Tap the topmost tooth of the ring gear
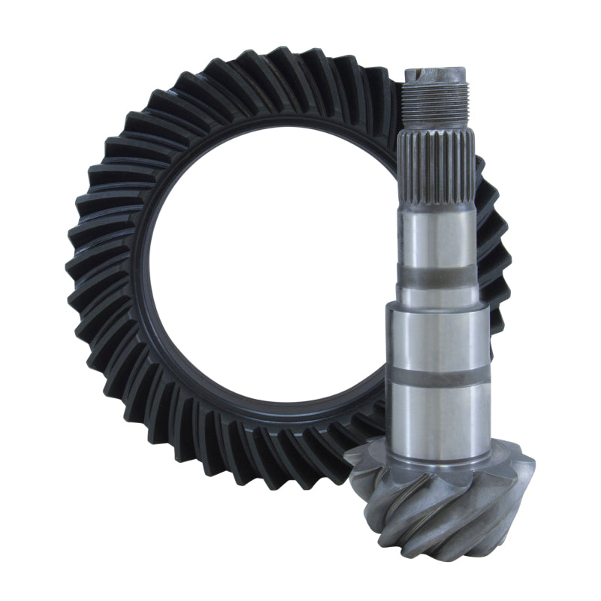point(285,64)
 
